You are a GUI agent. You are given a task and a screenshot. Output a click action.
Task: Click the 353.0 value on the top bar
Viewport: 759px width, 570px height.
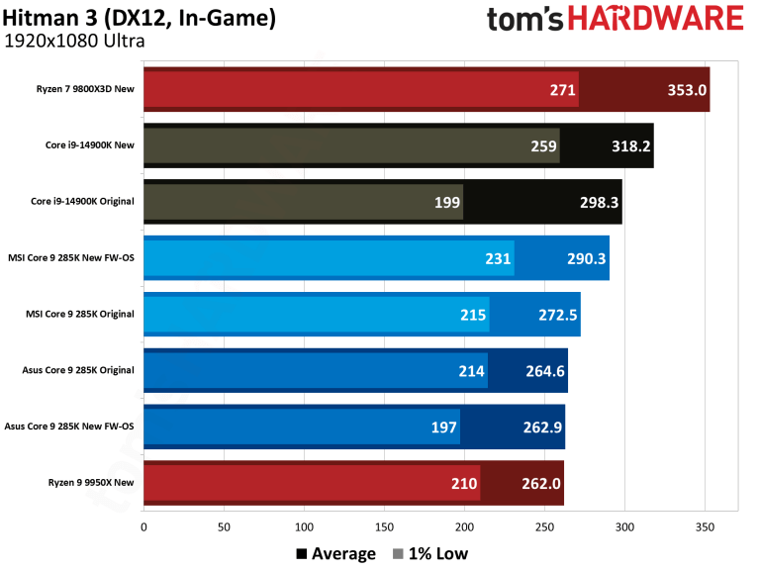pos(687,90)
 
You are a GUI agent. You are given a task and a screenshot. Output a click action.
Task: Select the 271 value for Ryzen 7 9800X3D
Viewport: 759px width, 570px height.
pos(563,90)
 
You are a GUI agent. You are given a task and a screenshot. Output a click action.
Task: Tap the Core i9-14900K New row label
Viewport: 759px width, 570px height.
pos(84,145)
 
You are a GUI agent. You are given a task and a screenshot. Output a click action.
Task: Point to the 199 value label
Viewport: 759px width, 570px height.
pos(447,203)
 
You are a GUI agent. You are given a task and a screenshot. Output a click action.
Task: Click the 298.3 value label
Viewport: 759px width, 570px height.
pos(599,203)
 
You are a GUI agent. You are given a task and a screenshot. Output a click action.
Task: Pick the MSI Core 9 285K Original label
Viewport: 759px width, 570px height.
pos(79,315)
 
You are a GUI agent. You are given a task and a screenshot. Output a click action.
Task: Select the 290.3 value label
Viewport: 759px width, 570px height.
pos(586,259)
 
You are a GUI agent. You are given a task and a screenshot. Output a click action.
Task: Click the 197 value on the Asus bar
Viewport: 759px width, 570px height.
pos(444,427)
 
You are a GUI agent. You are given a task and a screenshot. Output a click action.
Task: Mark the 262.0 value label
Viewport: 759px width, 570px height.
pos(540,484)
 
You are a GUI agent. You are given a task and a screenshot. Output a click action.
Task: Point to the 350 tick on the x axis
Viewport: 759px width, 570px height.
pos(705,526)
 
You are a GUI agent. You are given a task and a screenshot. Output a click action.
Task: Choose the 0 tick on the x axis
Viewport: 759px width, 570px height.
pos(144,526)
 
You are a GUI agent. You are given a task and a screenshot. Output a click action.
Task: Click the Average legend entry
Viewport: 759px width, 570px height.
pos(335,553)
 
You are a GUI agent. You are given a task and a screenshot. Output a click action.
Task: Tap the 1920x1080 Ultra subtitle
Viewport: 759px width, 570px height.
pos(74,42)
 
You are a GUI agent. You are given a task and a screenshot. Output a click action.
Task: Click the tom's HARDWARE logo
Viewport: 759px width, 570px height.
pos(615,19)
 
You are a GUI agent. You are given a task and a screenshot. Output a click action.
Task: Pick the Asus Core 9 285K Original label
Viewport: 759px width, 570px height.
pos(77,371)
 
